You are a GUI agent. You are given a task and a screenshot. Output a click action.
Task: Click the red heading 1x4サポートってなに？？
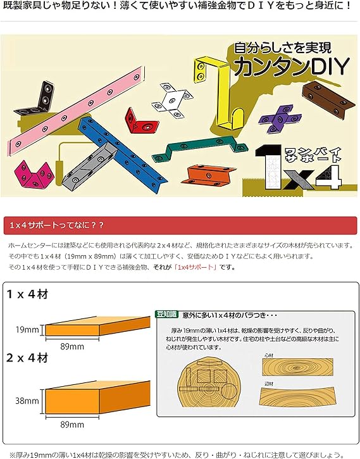click(58, 225)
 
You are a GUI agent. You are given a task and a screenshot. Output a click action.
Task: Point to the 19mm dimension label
click(24, 329)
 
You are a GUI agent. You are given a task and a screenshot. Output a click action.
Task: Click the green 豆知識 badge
click(166, 313)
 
